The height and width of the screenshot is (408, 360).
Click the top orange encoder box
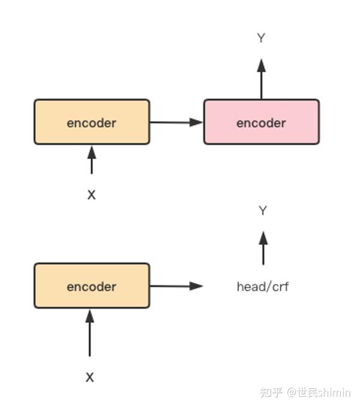91,122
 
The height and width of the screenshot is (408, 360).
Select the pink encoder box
261,122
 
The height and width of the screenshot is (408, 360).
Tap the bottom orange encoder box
91,286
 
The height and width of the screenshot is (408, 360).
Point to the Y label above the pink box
261,38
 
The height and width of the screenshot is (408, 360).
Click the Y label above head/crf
262,211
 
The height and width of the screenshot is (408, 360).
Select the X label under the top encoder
91,195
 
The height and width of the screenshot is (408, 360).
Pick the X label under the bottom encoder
90,377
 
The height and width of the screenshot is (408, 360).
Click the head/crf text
262,287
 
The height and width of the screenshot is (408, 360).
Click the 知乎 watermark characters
271,392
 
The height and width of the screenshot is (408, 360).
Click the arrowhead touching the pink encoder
197,122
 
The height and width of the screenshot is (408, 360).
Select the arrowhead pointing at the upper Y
261,65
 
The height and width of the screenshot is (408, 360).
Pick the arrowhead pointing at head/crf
197,286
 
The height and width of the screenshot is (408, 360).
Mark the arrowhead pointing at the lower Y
263,238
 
